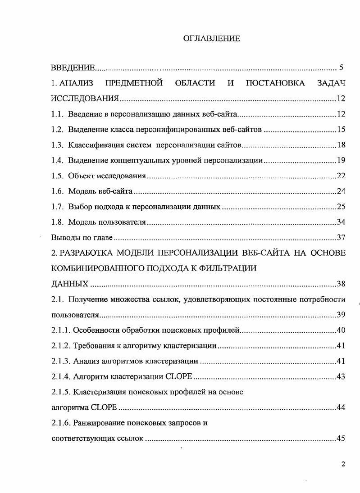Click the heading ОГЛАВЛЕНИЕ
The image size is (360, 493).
click(x=212, y=39)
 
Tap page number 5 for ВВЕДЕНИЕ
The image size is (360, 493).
click(x=341, y=68)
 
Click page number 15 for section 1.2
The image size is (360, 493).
click(x=341, y=130)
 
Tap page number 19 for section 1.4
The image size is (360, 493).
click(x=341, y=161)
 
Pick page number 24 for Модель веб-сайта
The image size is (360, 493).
click(x=341, y=191)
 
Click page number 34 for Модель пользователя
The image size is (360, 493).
click(x=341, y=222)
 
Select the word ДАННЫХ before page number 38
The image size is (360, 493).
click(x=70, y=284)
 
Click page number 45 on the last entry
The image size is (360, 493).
click(x=341, y=438)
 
